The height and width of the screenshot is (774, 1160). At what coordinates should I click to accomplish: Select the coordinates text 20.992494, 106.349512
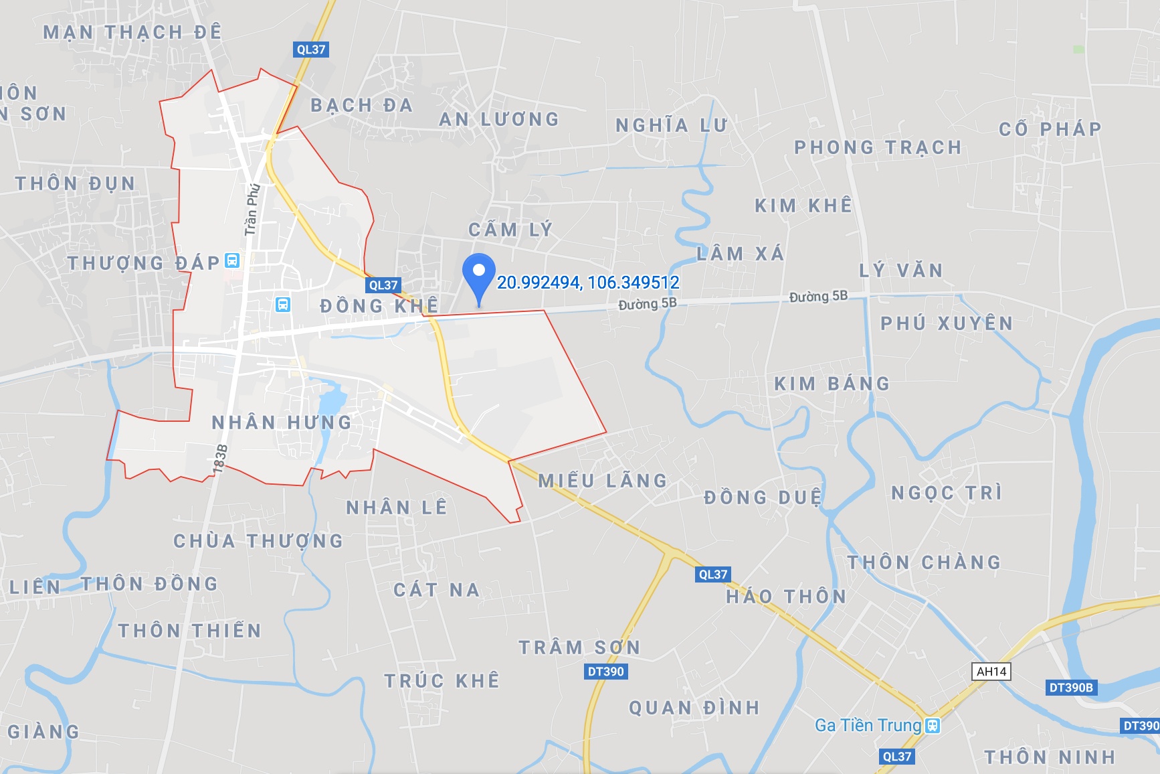pos(588,283)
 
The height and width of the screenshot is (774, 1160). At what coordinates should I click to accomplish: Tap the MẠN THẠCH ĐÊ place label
pos(132,32)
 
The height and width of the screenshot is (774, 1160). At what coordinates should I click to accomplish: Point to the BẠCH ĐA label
pos(361,105)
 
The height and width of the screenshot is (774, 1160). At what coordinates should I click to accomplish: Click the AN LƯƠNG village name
pos(499,119)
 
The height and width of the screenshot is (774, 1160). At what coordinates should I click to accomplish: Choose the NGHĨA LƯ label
pos(671,125)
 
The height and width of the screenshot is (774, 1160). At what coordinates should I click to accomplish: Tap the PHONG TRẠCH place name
pos(878,147)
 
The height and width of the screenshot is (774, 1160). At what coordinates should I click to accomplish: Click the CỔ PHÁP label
pos(1050,129)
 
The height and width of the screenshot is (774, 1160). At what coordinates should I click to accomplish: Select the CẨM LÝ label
pos(510,230)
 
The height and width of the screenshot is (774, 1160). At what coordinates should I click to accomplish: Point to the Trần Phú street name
pos(252,209)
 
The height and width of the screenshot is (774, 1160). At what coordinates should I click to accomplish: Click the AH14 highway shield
pos(991,672)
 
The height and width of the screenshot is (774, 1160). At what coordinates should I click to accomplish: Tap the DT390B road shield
pos(1070,688)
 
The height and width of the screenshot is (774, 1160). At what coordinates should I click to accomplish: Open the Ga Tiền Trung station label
pos(868,725)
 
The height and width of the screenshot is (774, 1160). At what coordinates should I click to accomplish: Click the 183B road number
pos(220,459)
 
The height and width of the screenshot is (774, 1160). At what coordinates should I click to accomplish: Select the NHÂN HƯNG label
pos(282,422)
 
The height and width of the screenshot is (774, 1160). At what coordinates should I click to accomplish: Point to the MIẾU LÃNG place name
pos(603,481)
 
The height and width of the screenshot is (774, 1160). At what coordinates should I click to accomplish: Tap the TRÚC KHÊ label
pos(442,681)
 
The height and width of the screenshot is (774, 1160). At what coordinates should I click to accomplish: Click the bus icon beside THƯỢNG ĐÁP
pos(232,260)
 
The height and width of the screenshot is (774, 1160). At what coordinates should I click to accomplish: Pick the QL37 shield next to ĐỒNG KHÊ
pos(383,285)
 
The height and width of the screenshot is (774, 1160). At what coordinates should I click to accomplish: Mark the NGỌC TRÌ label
pos(947,493)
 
